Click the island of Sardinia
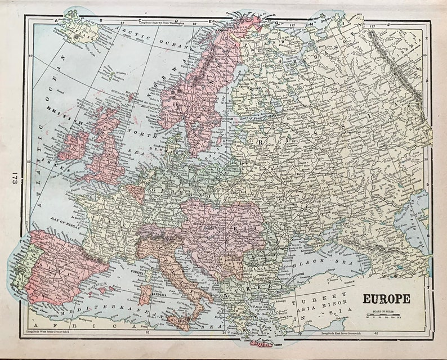(x=145, y=294)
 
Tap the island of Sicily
(x=179, y=322)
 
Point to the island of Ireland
(x=74, y=146)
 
